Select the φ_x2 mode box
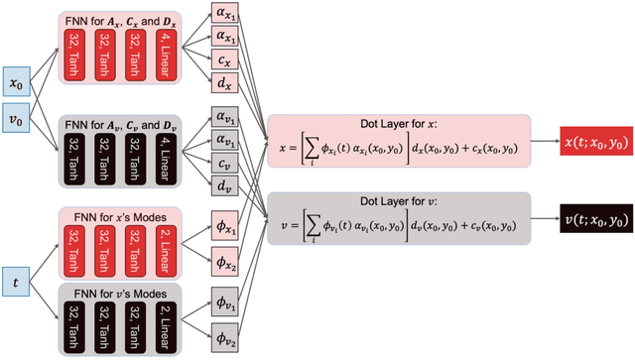(225, 262)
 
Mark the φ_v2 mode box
(225, 338)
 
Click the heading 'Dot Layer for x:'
(400, 124)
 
